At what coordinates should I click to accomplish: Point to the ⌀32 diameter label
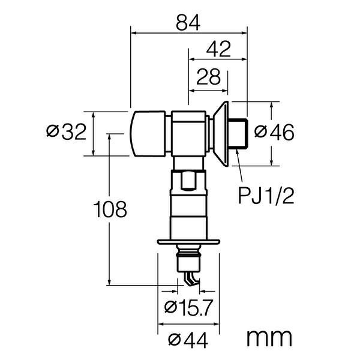[x=67, y=133]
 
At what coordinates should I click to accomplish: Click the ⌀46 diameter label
[x=274, y=133]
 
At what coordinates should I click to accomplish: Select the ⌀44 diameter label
[x=188, y=341]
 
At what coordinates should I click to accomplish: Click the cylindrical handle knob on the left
[x=148, y=133]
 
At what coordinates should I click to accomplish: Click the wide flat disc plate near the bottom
[x=188, y=242]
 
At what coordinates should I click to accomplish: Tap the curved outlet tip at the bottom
[x=190, y=279]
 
